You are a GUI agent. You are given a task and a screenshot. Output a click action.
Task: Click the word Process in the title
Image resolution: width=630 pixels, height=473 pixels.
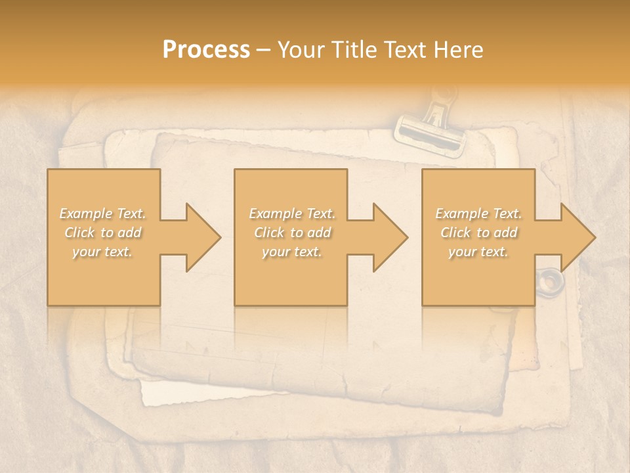click(x=206, y=50)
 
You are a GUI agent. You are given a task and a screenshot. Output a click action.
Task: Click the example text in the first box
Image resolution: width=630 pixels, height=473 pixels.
click(x=103, y=233)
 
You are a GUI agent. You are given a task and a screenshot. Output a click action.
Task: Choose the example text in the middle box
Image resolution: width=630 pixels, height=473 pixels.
click(x=291, y=233)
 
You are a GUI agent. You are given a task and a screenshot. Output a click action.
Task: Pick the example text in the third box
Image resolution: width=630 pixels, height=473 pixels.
click(x=478, y=233)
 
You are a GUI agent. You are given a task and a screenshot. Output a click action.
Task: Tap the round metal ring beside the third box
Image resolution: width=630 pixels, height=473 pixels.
click(x=550, y=281)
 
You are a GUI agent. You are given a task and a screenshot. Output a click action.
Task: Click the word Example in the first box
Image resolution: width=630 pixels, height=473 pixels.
click(x=86, y=214)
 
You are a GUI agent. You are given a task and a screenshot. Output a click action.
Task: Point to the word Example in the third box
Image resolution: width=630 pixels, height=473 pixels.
click(x=461, y=214)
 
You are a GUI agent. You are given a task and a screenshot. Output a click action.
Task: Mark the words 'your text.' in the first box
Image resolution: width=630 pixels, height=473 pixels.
click(x=103, y=252)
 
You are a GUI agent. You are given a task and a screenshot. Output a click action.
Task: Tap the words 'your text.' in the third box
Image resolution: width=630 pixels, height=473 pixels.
click(x=478, y=252)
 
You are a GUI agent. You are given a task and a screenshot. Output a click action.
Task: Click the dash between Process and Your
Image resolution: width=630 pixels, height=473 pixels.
click(x=264, y=50)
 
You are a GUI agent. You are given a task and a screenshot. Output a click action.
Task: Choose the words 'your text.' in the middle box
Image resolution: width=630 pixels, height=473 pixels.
click(x=291, y=252)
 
